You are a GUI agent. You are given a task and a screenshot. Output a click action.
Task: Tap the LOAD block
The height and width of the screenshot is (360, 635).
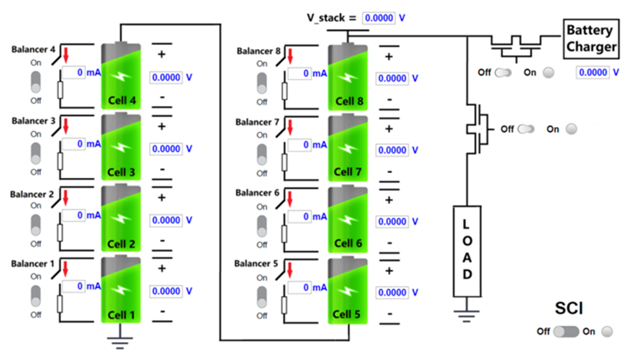467,250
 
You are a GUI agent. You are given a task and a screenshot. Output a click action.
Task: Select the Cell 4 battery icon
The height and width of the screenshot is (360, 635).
121,76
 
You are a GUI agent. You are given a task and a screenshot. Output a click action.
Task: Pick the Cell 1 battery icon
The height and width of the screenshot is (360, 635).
121,290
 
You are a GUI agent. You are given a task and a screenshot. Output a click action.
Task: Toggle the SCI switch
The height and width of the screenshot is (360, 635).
566,331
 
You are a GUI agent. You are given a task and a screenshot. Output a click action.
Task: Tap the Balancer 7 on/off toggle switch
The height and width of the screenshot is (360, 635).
262,153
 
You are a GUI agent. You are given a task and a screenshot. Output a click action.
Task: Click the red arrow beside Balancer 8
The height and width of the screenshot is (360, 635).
290,56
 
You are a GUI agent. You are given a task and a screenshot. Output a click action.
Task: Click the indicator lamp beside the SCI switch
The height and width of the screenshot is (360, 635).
607,331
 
